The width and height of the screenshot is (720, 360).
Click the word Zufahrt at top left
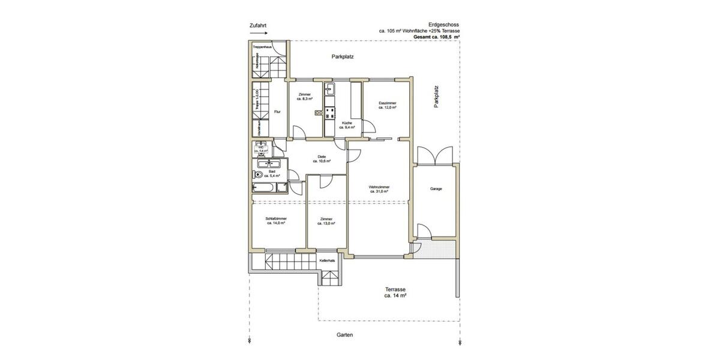tap(257, 26)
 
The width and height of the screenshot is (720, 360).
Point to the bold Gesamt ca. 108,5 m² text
tap(436, 37)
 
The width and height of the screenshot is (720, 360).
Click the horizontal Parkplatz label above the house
tap(342, 57)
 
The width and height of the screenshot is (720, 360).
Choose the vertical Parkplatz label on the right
tap(437, 96)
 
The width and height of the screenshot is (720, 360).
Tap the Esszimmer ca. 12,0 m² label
tap(387, 106)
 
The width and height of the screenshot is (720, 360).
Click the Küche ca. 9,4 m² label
tap(347, 125)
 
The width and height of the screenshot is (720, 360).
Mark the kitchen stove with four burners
tap(329, 112)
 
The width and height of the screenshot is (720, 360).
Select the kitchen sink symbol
tap(329, 89)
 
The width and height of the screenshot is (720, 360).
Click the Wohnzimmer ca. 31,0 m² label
tap(379, 189)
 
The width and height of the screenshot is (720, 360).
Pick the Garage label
tap(436, 189)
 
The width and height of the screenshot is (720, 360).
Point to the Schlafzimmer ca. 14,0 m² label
tap(276, 220)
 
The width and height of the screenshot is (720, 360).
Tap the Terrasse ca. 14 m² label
tap(396, 292)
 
